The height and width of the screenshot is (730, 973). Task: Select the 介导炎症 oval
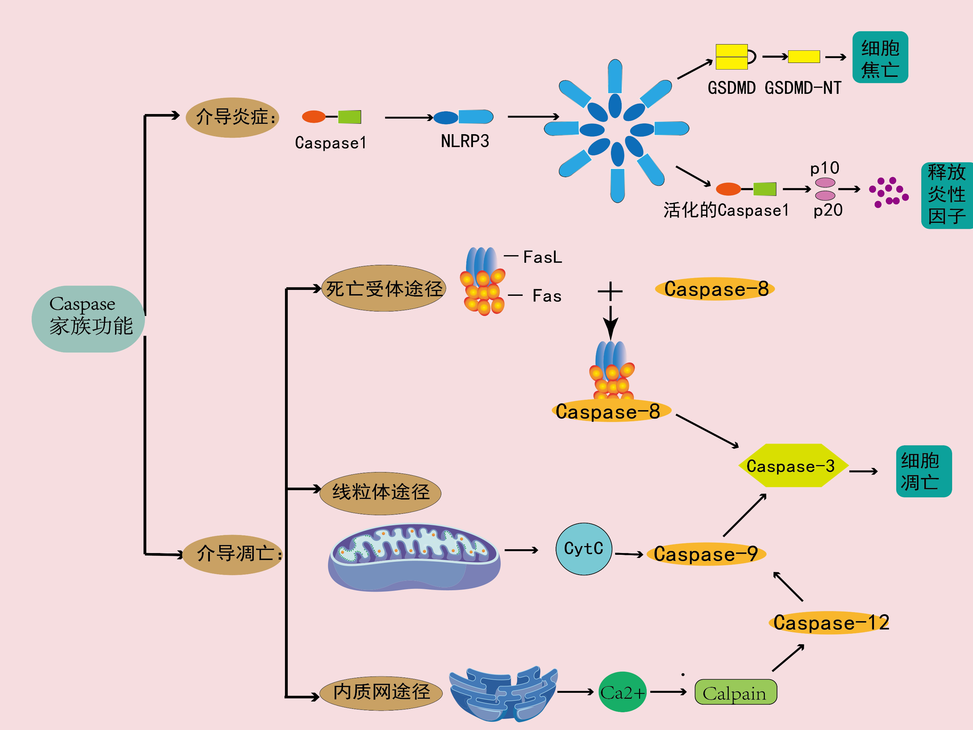[x=232, y=117]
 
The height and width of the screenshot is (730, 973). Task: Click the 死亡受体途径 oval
[x=384, y=289]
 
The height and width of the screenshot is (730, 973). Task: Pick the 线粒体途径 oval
[x=381, y=493]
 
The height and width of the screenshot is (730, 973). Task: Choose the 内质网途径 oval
[x=381, y=692]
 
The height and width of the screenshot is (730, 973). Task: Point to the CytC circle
[x=584, y=549]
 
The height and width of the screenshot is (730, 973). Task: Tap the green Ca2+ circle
[x=622, y=692]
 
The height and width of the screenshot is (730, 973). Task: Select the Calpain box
[x=735, y=692]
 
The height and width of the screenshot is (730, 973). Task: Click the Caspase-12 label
[x=831, y=623]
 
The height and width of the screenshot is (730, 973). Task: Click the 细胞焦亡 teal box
[x=880, y=58]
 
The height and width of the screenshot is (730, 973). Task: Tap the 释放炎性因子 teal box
[x=947, y=195]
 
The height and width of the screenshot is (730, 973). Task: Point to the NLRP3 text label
[x=465, y=141]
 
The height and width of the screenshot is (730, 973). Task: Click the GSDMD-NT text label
[x=803, y=88]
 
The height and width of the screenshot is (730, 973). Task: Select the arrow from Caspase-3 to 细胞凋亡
[x=863, y=471]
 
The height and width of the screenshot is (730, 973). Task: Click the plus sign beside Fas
[x=610, y=291]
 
